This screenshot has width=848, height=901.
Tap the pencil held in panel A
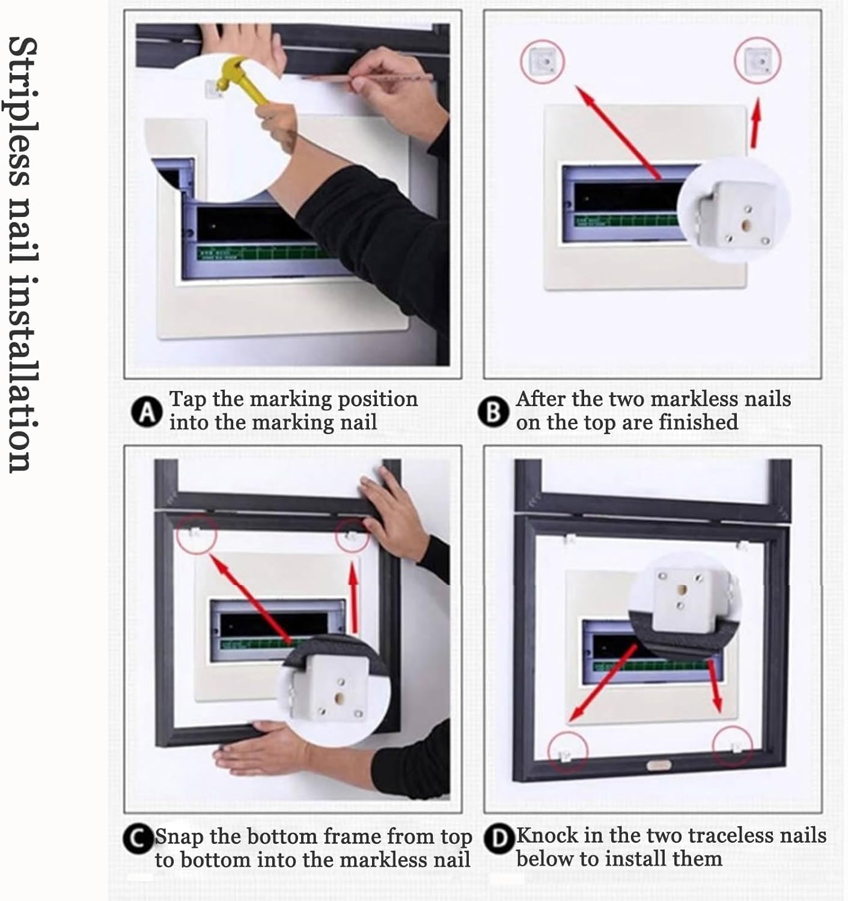pos(367,77)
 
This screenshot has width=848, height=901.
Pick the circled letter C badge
pos(138,839)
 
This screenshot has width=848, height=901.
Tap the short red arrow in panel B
pos(755,123)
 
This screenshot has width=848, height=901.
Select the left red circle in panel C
pos(197,532)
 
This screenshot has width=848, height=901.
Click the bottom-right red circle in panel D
pos(733,747)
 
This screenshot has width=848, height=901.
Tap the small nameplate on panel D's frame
pos(659,765)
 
